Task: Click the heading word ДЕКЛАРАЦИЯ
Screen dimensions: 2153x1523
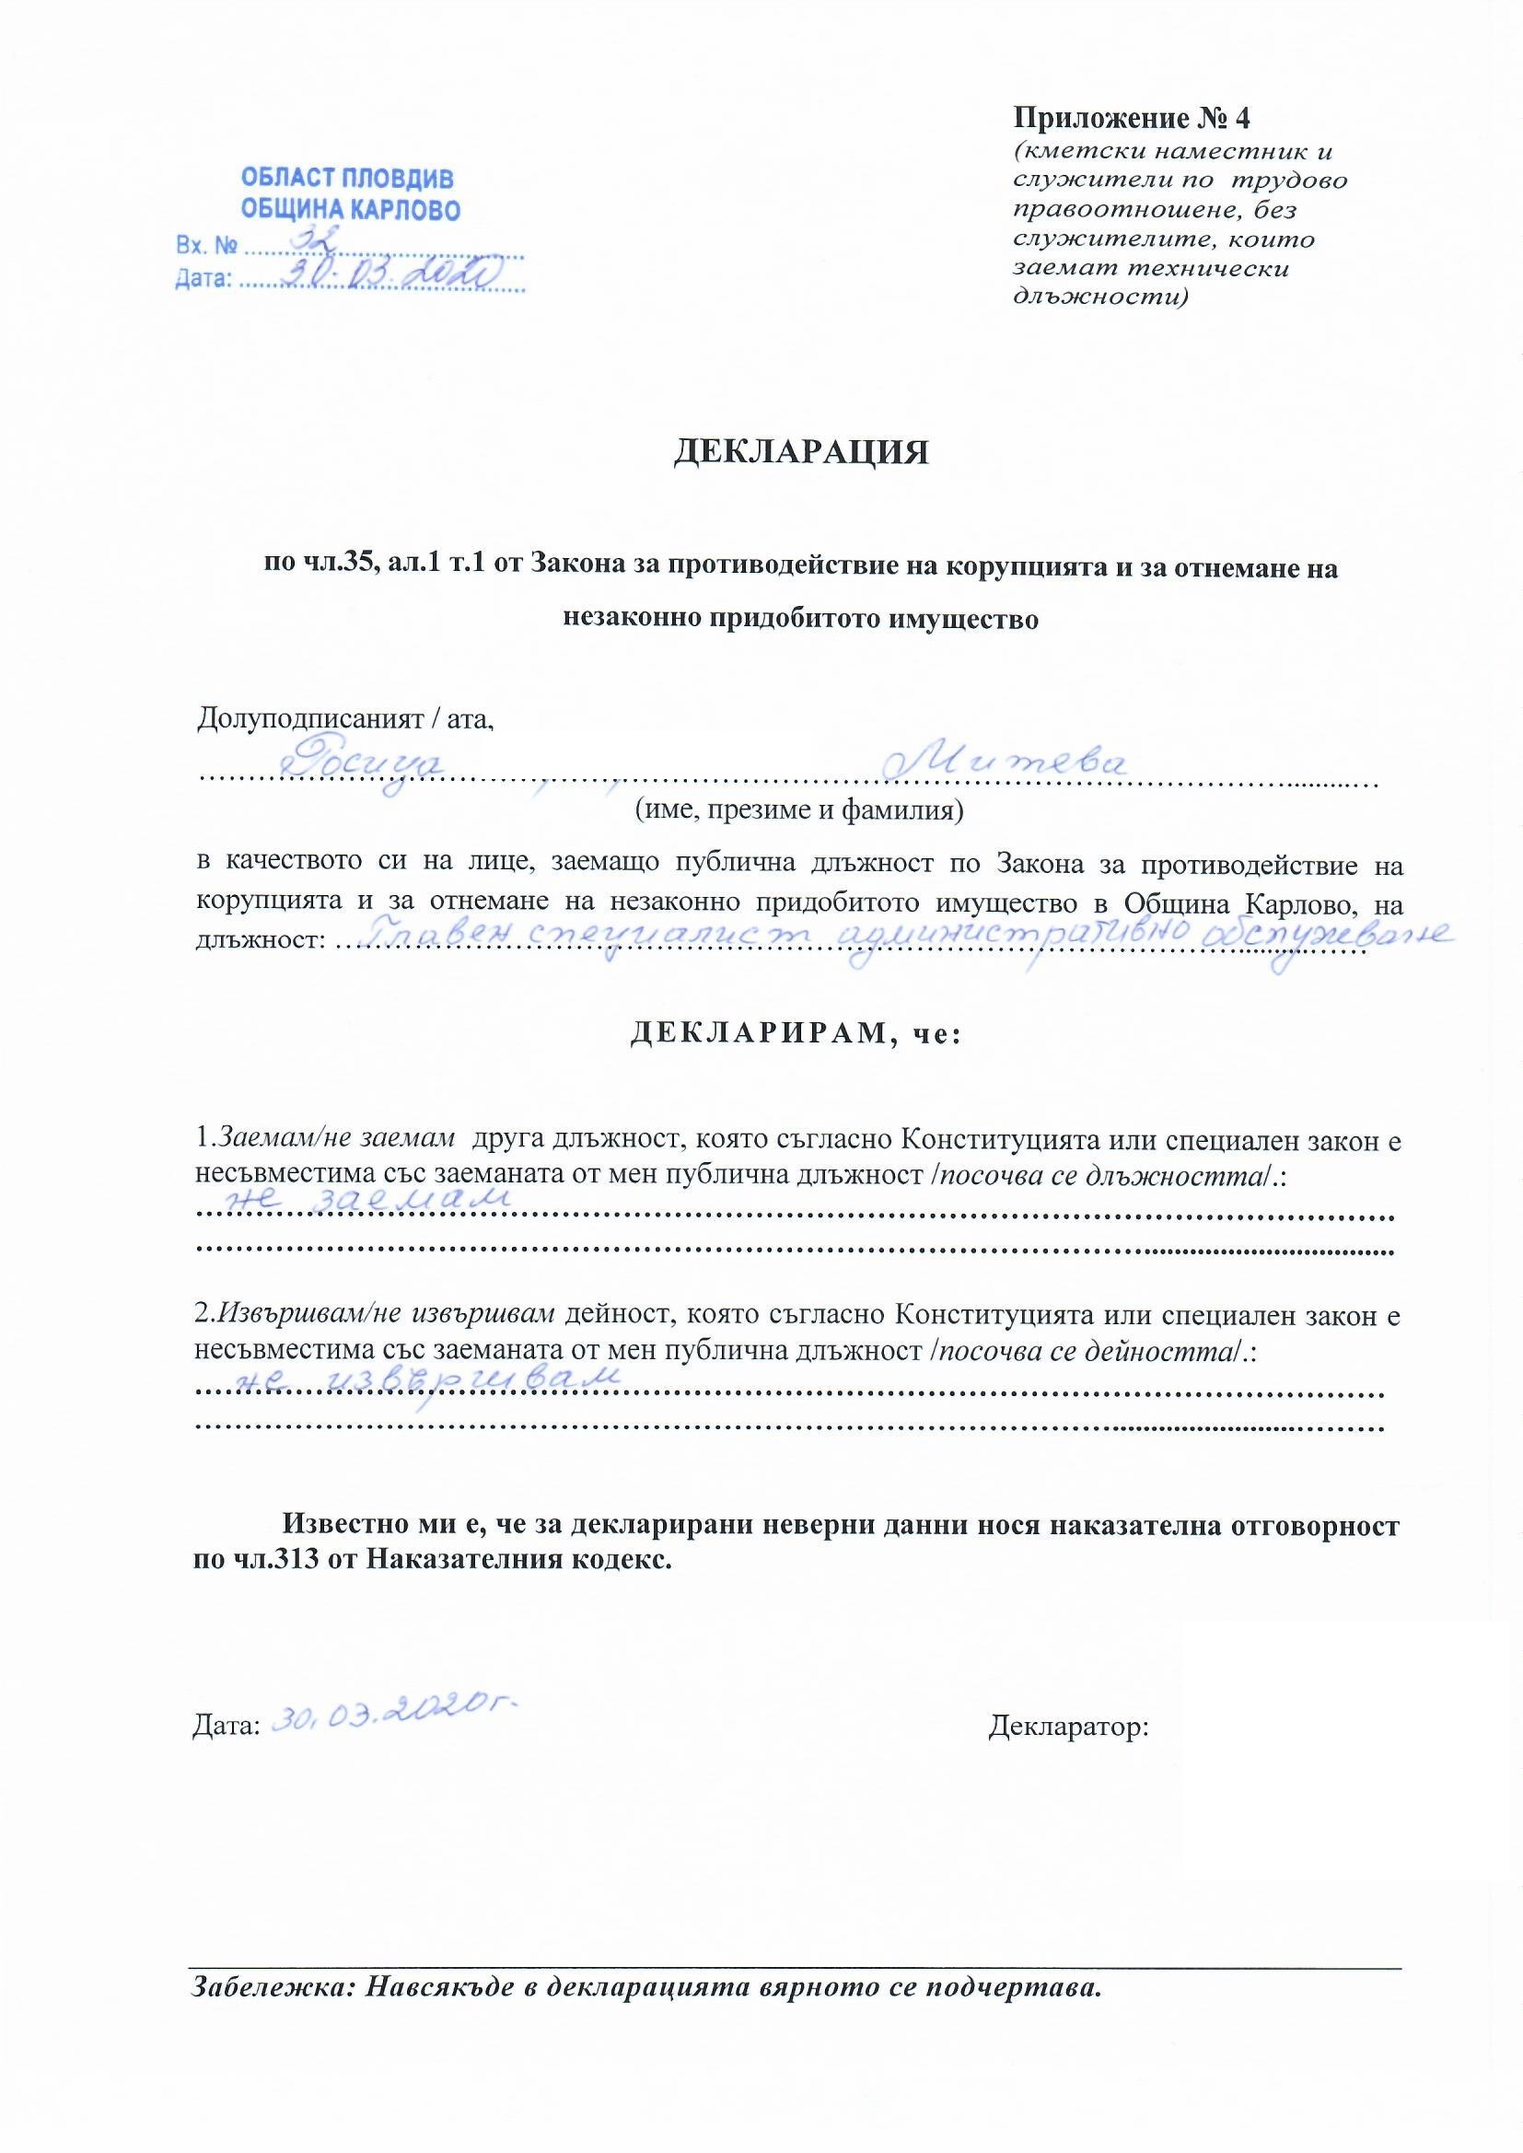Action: [x=801, y=453]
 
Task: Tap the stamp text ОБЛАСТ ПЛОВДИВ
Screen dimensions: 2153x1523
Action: [x=347, y=178]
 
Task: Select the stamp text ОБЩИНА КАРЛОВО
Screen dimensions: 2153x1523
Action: [x=351, y=210]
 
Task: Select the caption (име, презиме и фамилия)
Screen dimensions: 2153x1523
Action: [x=800, y=809]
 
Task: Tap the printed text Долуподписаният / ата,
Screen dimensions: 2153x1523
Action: [x=345, y=719]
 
